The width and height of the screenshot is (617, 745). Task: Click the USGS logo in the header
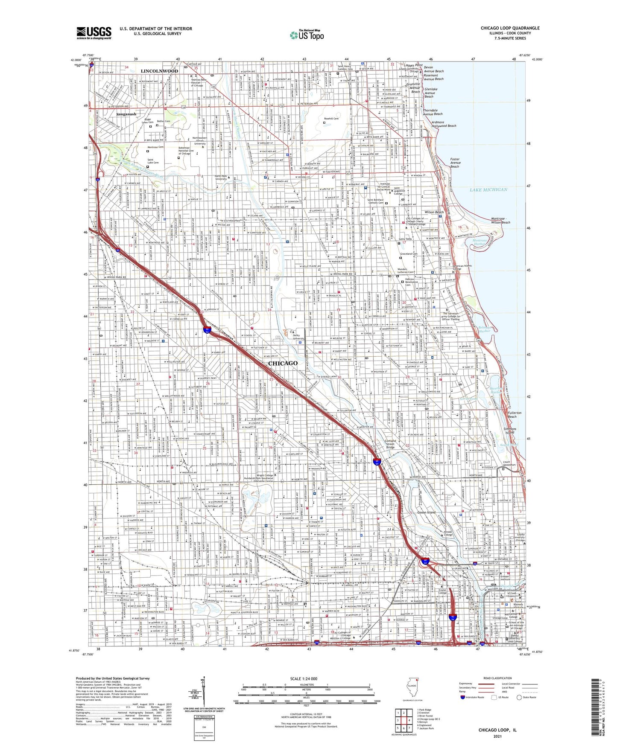point(94,32)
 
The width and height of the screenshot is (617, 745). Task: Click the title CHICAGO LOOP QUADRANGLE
point(510,28)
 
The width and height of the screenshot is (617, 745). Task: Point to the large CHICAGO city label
point(283,363)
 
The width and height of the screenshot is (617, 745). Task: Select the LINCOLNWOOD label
point(159,71)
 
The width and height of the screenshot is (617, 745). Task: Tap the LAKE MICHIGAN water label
point(488,189)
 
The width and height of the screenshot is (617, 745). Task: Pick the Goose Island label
point(426,512)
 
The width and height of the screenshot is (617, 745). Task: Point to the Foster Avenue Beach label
point(455,163)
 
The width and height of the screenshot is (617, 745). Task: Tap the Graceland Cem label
point(409,254)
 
